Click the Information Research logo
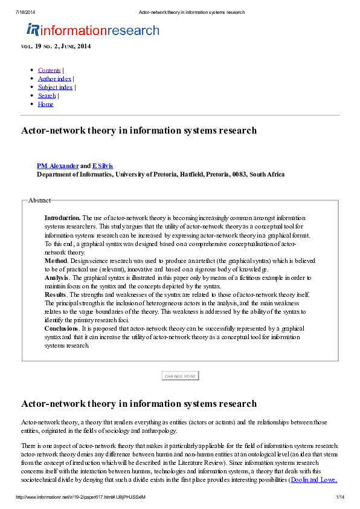tap(92, 30)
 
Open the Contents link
tap(49, 70)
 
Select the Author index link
tap(54, 79)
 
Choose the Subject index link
tap(55, 87)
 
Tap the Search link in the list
tap(47, 96)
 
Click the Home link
tap(45, 104)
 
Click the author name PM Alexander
tap(57, 166)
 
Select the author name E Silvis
tap(102, 166)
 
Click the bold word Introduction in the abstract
tap(62, 218)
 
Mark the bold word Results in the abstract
tap(56, 294)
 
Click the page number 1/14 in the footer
tap(339, 497)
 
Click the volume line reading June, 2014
tap(56, 47)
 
